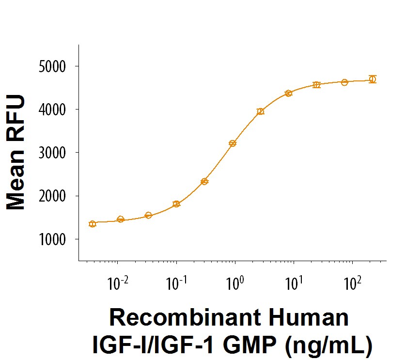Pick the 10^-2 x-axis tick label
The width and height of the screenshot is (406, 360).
[x=117, y=283]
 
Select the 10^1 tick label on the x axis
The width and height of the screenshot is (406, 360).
[x=294, y=283]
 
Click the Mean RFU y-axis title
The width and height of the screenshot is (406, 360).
[x=16, y=153]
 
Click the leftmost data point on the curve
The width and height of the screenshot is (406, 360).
[x=93, y=224]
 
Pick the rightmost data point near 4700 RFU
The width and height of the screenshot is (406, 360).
[x=372, y=79]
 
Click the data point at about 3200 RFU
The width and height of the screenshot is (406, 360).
[x=233, y=143]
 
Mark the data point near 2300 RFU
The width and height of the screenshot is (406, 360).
[x=204, y=182]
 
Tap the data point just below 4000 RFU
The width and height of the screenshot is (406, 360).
[x=261, y=111]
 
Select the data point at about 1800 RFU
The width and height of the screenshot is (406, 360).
[x=176, y=204]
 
